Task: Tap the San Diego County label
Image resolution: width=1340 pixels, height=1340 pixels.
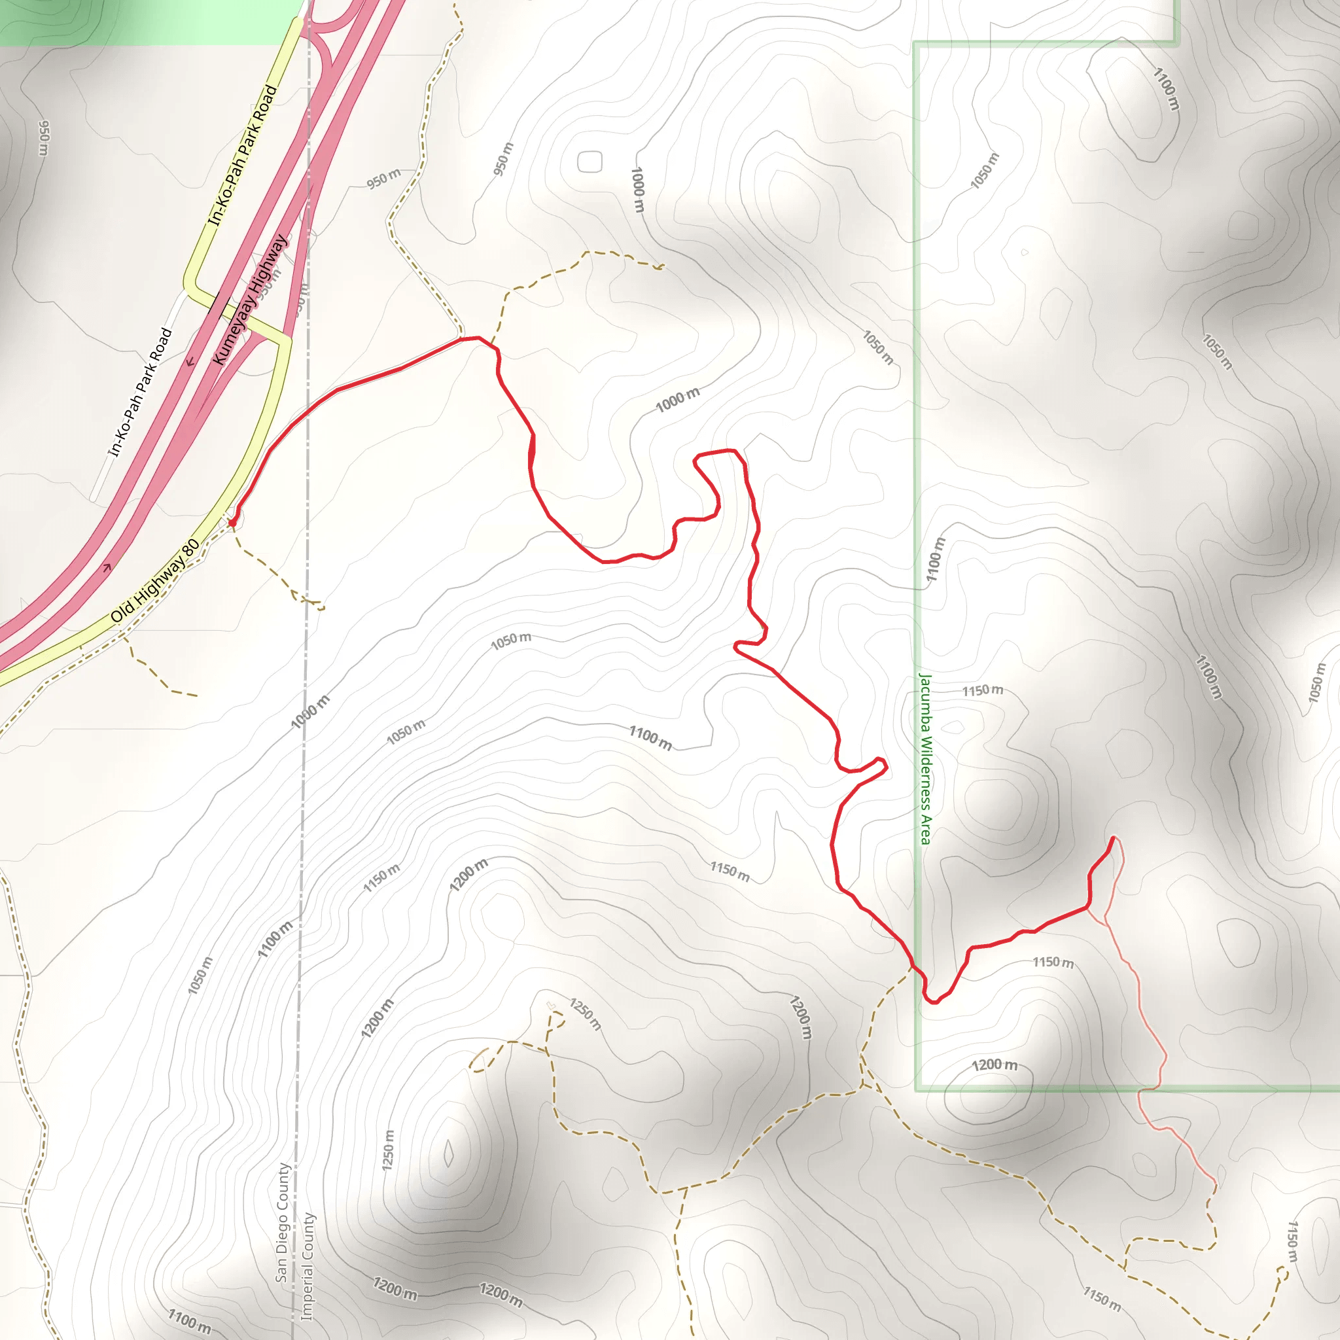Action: click(281, 1222)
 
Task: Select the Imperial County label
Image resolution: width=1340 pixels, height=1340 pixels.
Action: click(308, 1267)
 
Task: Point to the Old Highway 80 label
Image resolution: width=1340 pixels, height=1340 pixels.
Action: click(155, 580)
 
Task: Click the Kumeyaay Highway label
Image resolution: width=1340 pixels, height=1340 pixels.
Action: click(250, 300)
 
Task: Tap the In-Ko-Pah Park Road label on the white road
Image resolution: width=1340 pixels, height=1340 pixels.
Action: click(139, 393)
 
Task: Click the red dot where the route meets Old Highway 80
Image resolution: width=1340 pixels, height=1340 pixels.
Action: click(232, 521)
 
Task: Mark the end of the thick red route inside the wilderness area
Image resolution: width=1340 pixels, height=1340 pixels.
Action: click(1113, 839)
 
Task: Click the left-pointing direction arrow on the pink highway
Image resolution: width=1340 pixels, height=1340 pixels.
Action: click(189, 361)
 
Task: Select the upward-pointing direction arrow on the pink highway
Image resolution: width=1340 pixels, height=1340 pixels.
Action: click(107, 568)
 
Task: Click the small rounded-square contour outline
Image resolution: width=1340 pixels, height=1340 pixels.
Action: click(590, 162)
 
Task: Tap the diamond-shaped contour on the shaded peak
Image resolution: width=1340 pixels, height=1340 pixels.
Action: click(449, 1154)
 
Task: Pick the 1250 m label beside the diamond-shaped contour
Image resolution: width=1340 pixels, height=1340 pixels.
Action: click(389, 1151)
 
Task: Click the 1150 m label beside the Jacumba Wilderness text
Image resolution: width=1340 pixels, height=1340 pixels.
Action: click(982, 690)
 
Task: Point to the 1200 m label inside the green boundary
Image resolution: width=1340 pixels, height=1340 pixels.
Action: click(994, 1065)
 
